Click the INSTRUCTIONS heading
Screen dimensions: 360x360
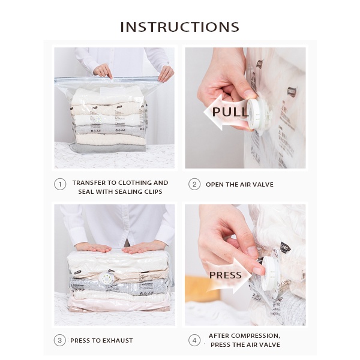tap(180, 27)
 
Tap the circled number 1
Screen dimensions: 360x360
tap(60, 184)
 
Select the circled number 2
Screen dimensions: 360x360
tap(194, 184)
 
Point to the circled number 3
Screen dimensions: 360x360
tap(59, 340)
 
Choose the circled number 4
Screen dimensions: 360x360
tap(194, 340)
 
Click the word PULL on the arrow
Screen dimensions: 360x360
tap(230, 112)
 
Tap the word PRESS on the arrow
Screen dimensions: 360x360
tap(225, 275)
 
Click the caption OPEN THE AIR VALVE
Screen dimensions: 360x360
tap(239, 185)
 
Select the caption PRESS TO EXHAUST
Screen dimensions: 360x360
tap(101, 340)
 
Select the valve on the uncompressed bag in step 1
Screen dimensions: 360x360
tap(98, 119)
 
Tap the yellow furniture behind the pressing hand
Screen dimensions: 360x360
tap(196, 288)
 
